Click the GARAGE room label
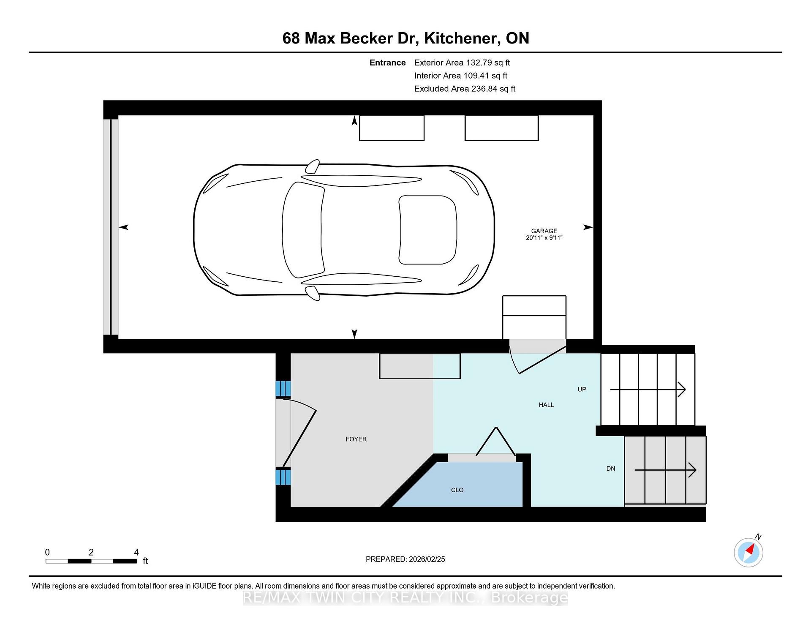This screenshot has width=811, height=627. pyautogui.click(x=544, y=231)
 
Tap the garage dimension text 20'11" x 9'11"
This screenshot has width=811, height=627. pyautogui.click(x=544, y=238)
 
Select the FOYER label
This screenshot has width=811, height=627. pyautogui.click(x=356, y=439)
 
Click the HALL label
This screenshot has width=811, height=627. pyautogui.click(x=546, y=405)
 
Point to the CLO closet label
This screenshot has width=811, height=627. pyautogui.click(x=457, y=490)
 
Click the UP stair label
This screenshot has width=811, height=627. pyautogui.click(x=582, y=389)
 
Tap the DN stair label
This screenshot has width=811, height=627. pyautogui.click(x=611, y=469)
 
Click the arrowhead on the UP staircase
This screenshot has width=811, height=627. pyautogui.click(x=682, y=389)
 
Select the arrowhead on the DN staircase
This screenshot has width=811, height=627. pyautogui.click(x=692, y=469)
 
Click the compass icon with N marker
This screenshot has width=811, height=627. pyautogui.click(x=748, y=552)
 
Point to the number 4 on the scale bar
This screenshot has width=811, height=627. pyautogui.click(x=136, y=552)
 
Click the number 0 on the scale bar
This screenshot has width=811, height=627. pyautogui.click(x=47, y=552)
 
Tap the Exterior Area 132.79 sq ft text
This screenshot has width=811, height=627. pyautogui.click(x=462, y=63)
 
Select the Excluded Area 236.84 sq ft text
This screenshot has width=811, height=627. pyautogui.click(x=465, y=89)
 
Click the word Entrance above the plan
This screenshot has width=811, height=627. pyautogui.click(x=387, y=63)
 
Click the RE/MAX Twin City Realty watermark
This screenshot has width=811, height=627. pyautogui.click(x=405, y=597)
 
